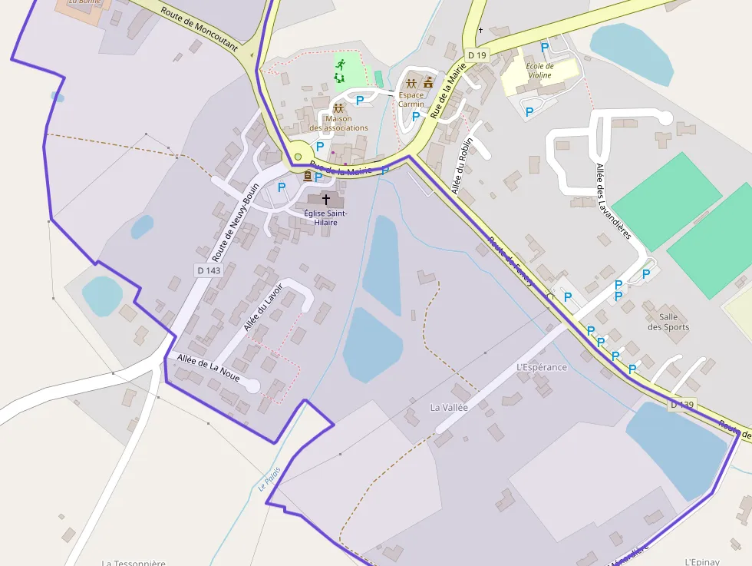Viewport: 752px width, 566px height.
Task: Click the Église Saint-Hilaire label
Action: point(326,217)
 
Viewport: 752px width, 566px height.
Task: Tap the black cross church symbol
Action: point(326,199)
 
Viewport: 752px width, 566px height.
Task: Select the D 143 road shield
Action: point(208,270)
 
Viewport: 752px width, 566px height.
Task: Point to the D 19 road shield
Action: point(477,55)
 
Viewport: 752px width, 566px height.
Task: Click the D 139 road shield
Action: point(681,405)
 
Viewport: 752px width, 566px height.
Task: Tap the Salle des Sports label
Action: point(668,322)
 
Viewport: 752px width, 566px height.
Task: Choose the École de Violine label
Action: point(539,71)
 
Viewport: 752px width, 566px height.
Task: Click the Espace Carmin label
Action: point(411,100)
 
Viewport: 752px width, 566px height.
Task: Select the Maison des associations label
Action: point(338,123)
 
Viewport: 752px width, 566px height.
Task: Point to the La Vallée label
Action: point(449,408)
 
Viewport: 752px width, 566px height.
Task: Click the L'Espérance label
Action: point(542,367)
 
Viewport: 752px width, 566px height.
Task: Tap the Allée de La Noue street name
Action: point(208,368)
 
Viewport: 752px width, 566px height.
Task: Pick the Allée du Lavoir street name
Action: point(263,307)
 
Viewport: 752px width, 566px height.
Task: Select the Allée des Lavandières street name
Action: point(613,201)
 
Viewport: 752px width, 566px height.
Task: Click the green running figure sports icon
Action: point(340,64)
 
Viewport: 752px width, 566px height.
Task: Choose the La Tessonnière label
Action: point(134,562)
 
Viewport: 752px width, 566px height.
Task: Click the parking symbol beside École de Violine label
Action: point(545,47)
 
